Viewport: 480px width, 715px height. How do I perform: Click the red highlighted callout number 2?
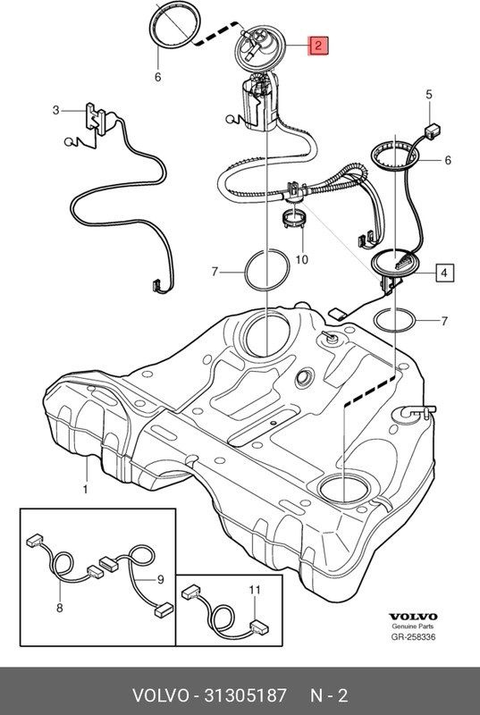pos(318,46)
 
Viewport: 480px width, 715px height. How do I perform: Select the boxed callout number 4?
pos(444,273)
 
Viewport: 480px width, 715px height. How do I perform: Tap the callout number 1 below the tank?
pos(85,490)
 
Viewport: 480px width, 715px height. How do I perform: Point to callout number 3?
pos(55,110)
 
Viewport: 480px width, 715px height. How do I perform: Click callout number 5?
pos(428,95)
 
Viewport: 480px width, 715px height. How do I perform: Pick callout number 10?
pos(302,259)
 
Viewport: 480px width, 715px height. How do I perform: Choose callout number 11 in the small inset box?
pos(255,590)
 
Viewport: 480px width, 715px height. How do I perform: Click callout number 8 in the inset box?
pos(60,608)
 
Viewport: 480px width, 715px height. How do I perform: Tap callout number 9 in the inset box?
pos(161,579)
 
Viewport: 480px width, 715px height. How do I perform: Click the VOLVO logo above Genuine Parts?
pos(413,617)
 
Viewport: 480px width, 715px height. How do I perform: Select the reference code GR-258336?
pos(413,636)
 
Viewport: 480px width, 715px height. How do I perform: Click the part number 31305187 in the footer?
pos(245,695)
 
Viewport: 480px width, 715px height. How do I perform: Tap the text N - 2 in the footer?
pos(329,695)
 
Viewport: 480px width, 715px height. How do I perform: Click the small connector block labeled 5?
pos(432,130)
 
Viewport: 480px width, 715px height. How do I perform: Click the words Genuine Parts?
pos(413,627)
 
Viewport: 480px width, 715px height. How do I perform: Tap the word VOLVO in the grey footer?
pos(160,695)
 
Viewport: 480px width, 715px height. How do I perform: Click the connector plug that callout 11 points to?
pos(260,628)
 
